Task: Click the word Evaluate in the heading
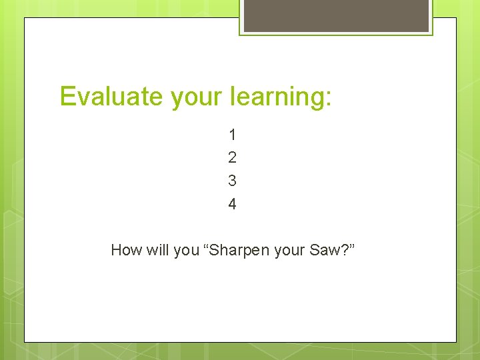point(111,97)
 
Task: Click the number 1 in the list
point(232,135)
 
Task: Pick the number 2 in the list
point(232,158)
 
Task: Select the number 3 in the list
point(232,181)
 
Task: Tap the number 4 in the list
point(232,204)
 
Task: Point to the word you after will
point(186,251)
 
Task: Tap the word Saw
point(324,250)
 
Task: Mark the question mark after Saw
point(343,250)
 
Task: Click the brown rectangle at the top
point(336,15)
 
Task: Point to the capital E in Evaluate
point(68,97)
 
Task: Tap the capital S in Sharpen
point(217,250)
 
